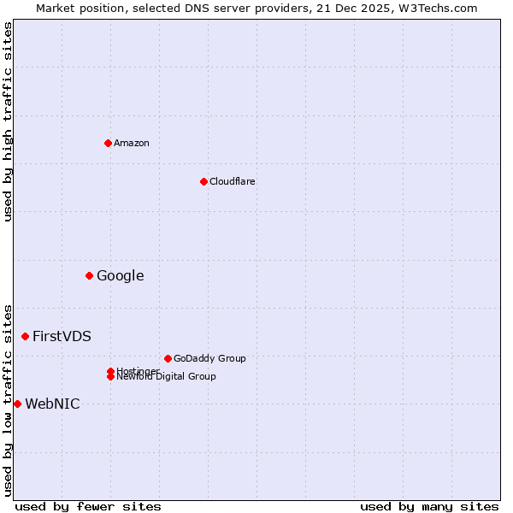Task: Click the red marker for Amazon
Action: (x=108, y=143)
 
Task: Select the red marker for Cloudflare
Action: (x=203, y=181)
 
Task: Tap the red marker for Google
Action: (x=89, y=275)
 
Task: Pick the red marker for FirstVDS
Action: (x=25, y=336)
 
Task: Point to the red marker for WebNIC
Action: (x=17, y=404)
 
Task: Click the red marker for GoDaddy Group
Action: (x=168, y=358)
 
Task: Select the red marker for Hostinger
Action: (x=110, y=371)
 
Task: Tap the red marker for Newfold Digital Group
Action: (x=110, y=377)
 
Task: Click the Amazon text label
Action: (x=132, y=143)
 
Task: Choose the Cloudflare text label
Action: (x=233, y=181)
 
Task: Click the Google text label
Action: (x=121, y=275)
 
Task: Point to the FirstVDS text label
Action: (x=62, y=336)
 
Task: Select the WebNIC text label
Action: (x=53, y=404)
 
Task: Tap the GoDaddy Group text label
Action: (x=209, y=358)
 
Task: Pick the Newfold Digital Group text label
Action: (x=167, y=377)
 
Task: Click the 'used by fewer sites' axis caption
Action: (x=88, y=506)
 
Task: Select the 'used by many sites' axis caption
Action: (x=429, y=506)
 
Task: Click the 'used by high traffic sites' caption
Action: (x=8, y=121)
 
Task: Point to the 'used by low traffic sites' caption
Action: (x=8, y=399)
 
